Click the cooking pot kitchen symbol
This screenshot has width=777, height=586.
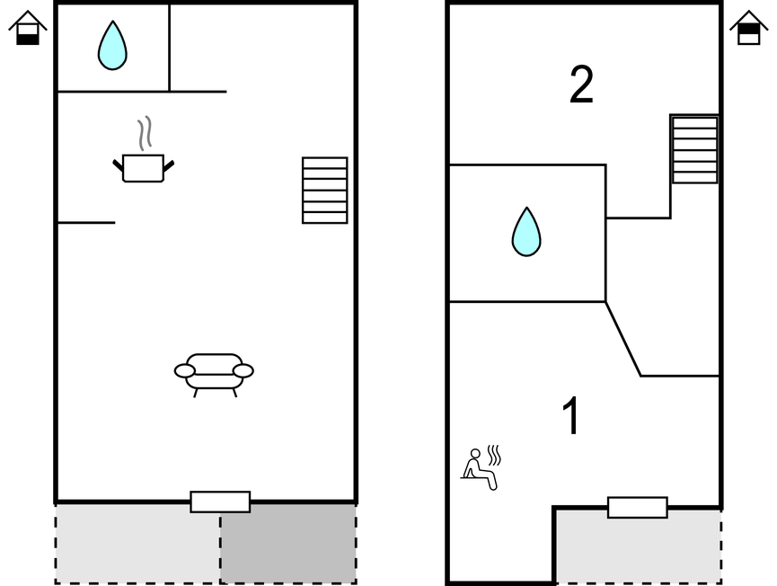143,168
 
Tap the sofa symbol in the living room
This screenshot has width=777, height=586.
214,371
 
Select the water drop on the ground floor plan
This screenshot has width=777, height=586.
112,46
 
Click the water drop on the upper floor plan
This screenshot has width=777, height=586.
526,232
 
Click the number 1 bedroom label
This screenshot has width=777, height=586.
571,417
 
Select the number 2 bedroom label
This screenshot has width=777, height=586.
581,86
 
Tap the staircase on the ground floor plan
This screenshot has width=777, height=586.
324,191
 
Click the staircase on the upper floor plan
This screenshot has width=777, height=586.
694,150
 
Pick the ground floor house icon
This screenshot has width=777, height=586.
28,28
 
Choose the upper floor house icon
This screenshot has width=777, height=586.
748,28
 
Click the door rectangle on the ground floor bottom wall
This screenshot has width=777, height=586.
220,502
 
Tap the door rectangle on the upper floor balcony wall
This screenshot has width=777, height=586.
637,508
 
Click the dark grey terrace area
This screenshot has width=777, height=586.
287,543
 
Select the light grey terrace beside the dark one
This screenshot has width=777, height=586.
137,543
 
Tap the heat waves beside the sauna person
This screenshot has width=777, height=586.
493,454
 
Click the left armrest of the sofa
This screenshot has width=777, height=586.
185,371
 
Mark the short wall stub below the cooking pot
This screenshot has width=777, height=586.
86,222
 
